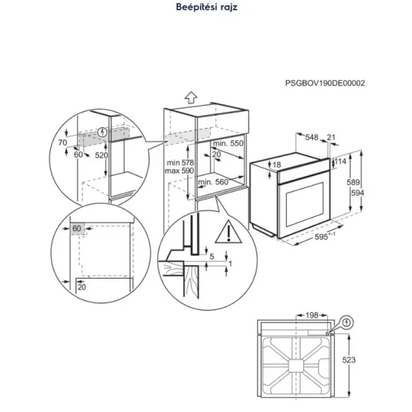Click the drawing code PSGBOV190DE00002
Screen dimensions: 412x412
324,83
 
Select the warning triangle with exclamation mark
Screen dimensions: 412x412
225,234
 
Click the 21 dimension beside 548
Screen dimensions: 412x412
333,137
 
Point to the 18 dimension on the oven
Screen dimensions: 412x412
276,164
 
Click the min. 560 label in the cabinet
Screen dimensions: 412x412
213,182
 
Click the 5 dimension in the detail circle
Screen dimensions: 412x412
212,256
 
